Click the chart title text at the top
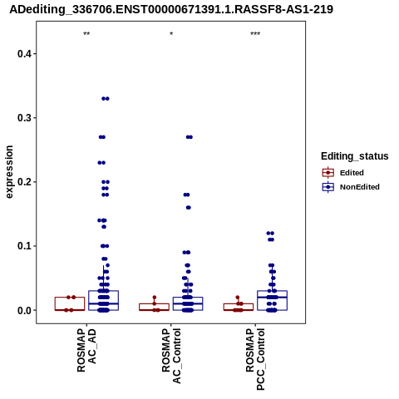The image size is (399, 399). pos(171,10)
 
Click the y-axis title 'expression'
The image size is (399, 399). pos(9,172)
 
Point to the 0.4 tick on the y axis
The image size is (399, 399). pos(25,54)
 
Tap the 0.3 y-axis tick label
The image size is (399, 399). pos(25,118)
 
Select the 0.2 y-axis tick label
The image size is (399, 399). pos(25,182)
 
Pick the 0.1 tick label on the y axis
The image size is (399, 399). pos(25,246)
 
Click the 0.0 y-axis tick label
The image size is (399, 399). pos(25,310)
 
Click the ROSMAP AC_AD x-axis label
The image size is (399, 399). pos(86,351)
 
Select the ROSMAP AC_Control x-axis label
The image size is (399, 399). pos(171,356)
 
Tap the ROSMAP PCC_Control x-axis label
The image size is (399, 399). pos(255,359)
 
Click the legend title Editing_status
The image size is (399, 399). pos(355,156)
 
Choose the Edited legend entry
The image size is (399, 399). pos(343,173)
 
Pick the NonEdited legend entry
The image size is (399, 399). pos(351,187)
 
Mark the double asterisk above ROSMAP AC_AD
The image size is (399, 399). pos(86,34)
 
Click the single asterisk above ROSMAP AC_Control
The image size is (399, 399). pos(171,34)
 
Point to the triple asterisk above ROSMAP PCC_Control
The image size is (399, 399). pos(255,34)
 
